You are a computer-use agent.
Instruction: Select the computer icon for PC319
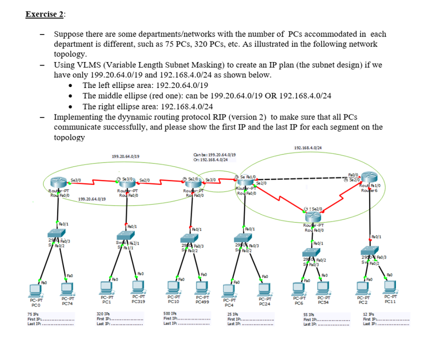tap(137, 286)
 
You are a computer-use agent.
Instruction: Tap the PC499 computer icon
tap(202, 287)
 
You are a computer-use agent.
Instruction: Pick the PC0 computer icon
tap(35, 289)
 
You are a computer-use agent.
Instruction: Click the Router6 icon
tap(369, 177)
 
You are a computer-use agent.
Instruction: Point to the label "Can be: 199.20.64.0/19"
tap(212, 154)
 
